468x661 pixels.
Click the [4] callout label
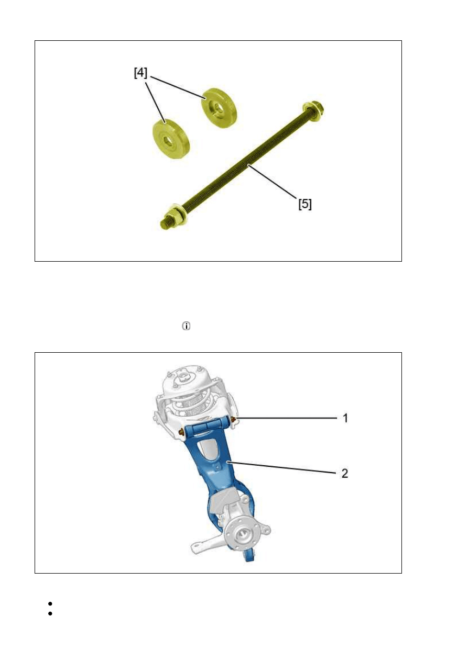coord(140,73)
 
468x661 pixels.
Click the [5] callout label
coord(305,204)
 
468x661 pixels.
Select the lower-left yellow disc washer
coord(171,138)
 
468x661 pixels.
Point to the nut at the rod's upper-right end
coord(313,111)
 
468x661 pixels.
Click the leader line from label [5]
coord(272,182)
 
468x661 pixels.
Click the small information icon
coord(186,326)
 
